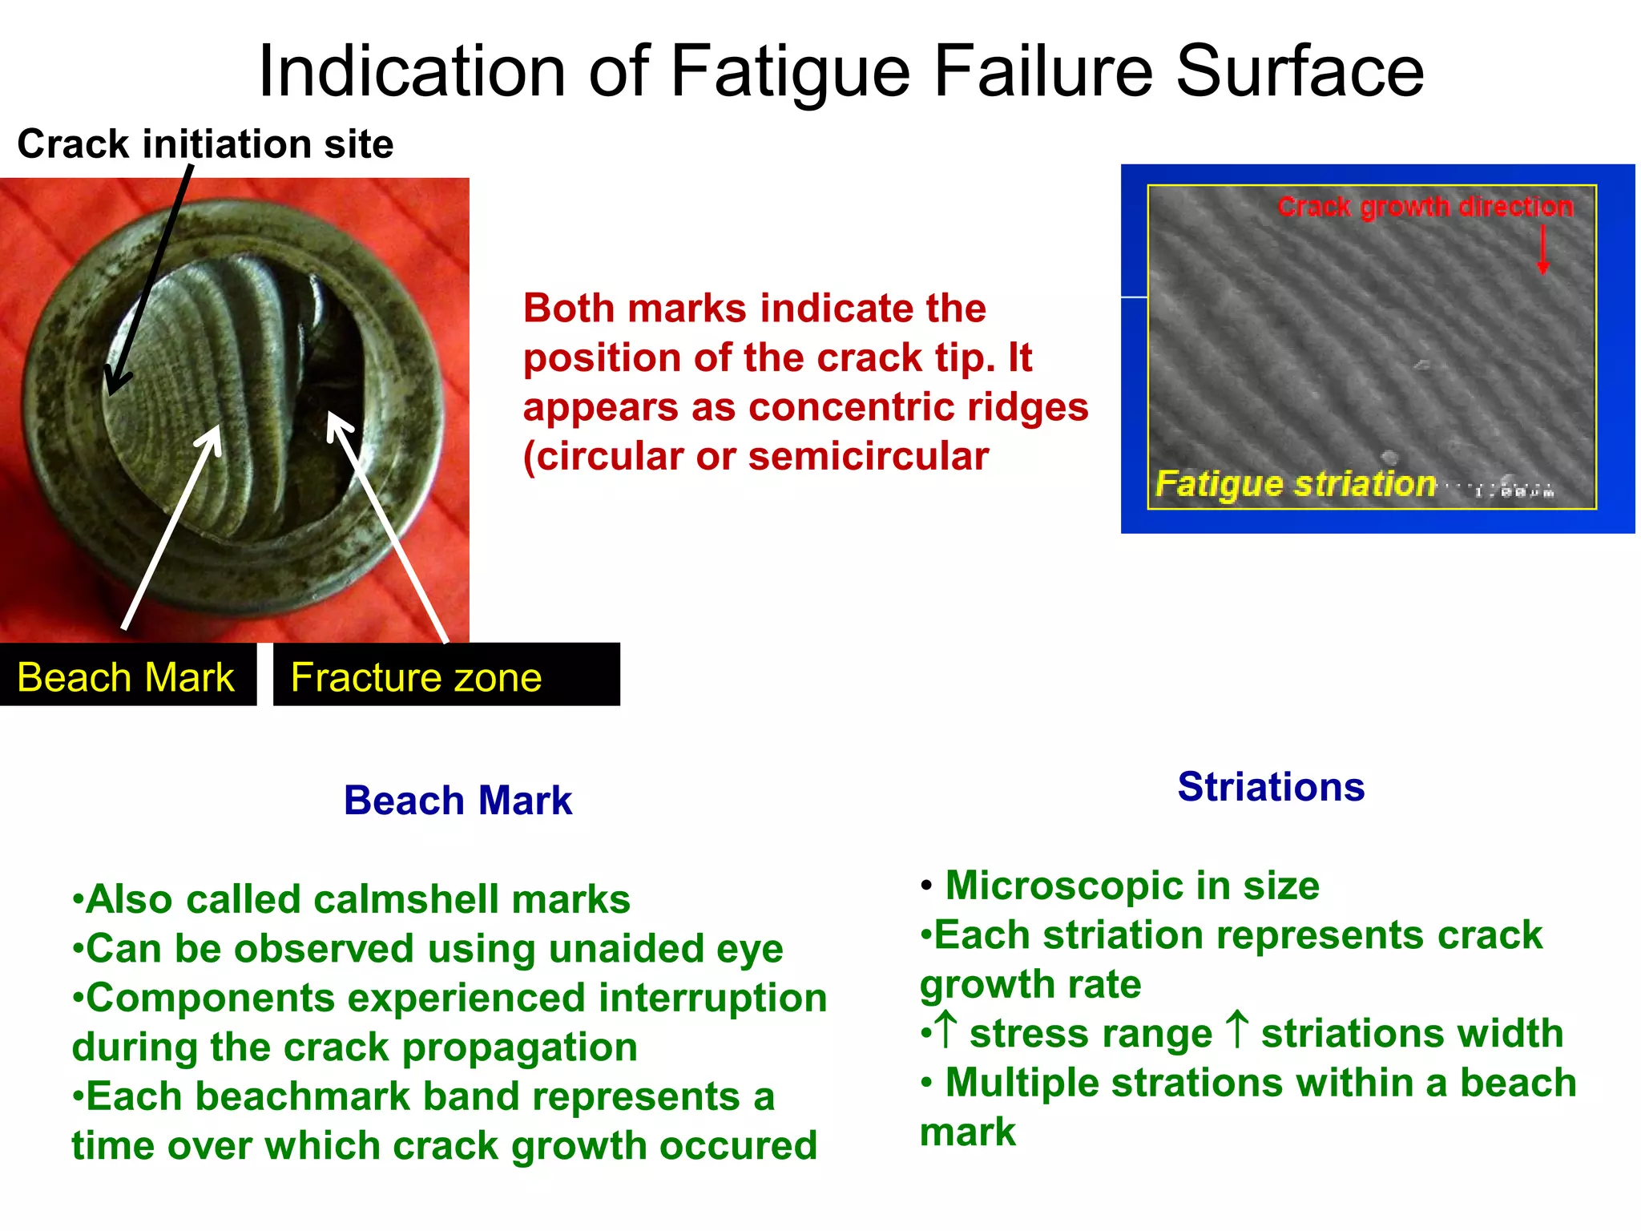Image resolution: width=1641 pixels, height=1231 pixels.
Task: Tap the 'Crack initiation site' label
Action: coord(205,144)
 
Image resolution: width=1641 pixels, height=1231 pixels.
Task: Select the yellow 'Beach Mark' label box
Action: coord(126,677)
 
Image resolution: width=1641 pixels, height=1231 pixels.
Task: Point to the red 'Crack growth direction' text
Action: coord(1425,207)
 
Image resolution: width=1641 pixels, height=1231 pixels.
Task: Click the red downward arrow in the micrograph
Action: coord(1542,250)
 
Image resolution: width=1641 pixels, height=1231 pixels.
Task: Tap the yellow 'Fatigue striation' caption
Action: coord(1295,484)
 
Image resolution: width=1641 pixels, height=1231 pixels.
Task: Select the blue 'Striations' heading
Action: coord(1271,787)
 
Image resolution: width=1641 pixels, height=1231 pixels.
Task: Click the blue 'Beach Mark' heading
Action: coord(458,801)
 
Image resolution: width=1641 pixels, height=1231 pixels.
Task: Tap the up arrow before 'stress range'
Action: coord(946,1030)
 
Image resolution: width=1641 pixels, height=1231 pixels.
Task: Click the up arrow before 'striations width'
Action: coord(1238,1030)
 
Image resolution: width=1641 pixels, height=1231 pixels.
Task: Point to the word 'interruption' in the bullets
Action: coord(712,999)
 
